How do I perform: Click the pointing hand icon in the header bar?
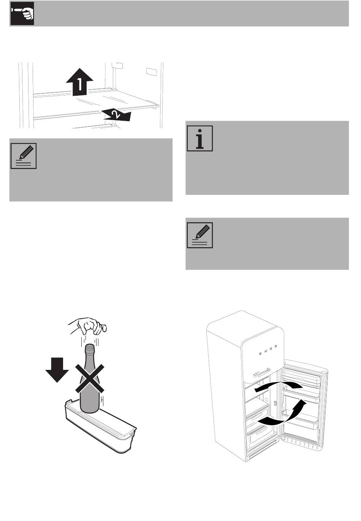point(22,14)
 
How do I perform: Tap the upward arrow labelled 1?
point(79,82)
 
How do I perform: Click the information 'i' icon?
point(200,138)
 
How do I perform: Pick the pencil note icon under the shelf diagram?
point(24,156)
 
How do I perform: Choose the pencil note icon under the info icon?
point(200,235)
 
